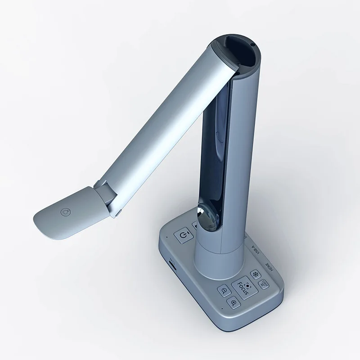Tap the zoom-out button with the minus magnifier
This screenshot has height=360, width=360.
coord(224,291)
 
